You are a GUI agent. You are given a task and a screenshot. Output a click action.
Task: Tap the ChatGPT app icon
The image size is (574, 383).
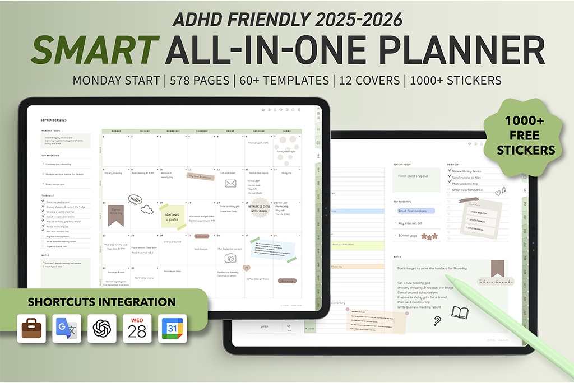[x=102, y=328]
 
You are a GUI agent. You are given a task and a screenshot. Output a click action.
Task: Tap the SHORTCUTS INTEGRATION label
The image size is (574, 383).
[x=101, y=302]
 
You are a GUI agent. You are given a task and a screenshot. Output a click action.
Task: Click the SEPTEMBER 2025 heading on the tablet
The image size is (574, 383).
[x=54, y=120]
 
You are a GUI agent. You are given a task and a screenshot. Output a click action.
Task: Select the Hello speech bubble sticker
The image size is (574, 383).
[x=135, y=199]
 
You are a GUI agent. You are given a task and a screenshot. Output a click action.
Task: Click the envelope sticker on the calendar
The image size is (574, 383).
[x=230, y=183]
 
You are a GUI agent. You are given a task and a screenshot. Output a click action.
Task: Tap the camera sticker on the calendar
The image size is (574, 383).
[x=230, y=258]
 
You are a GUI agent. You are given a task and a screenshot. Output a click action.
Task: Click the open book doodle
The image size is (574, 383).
[x=460, y=312]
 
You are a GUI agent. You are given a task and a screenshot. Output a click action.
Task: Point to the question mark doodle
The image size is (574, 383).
[x=437, y=321]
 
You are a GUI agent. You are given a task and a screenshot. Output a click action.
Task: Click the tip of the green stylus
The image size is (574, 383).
[x=448, y=277]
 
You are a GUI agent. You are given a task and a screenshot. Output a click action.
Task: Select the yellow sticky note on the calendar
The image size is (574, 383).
[x=173, y=215]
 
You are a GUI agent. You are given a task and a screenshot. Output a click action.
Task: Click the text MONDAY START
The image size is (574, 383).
[x=116, y=80]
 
